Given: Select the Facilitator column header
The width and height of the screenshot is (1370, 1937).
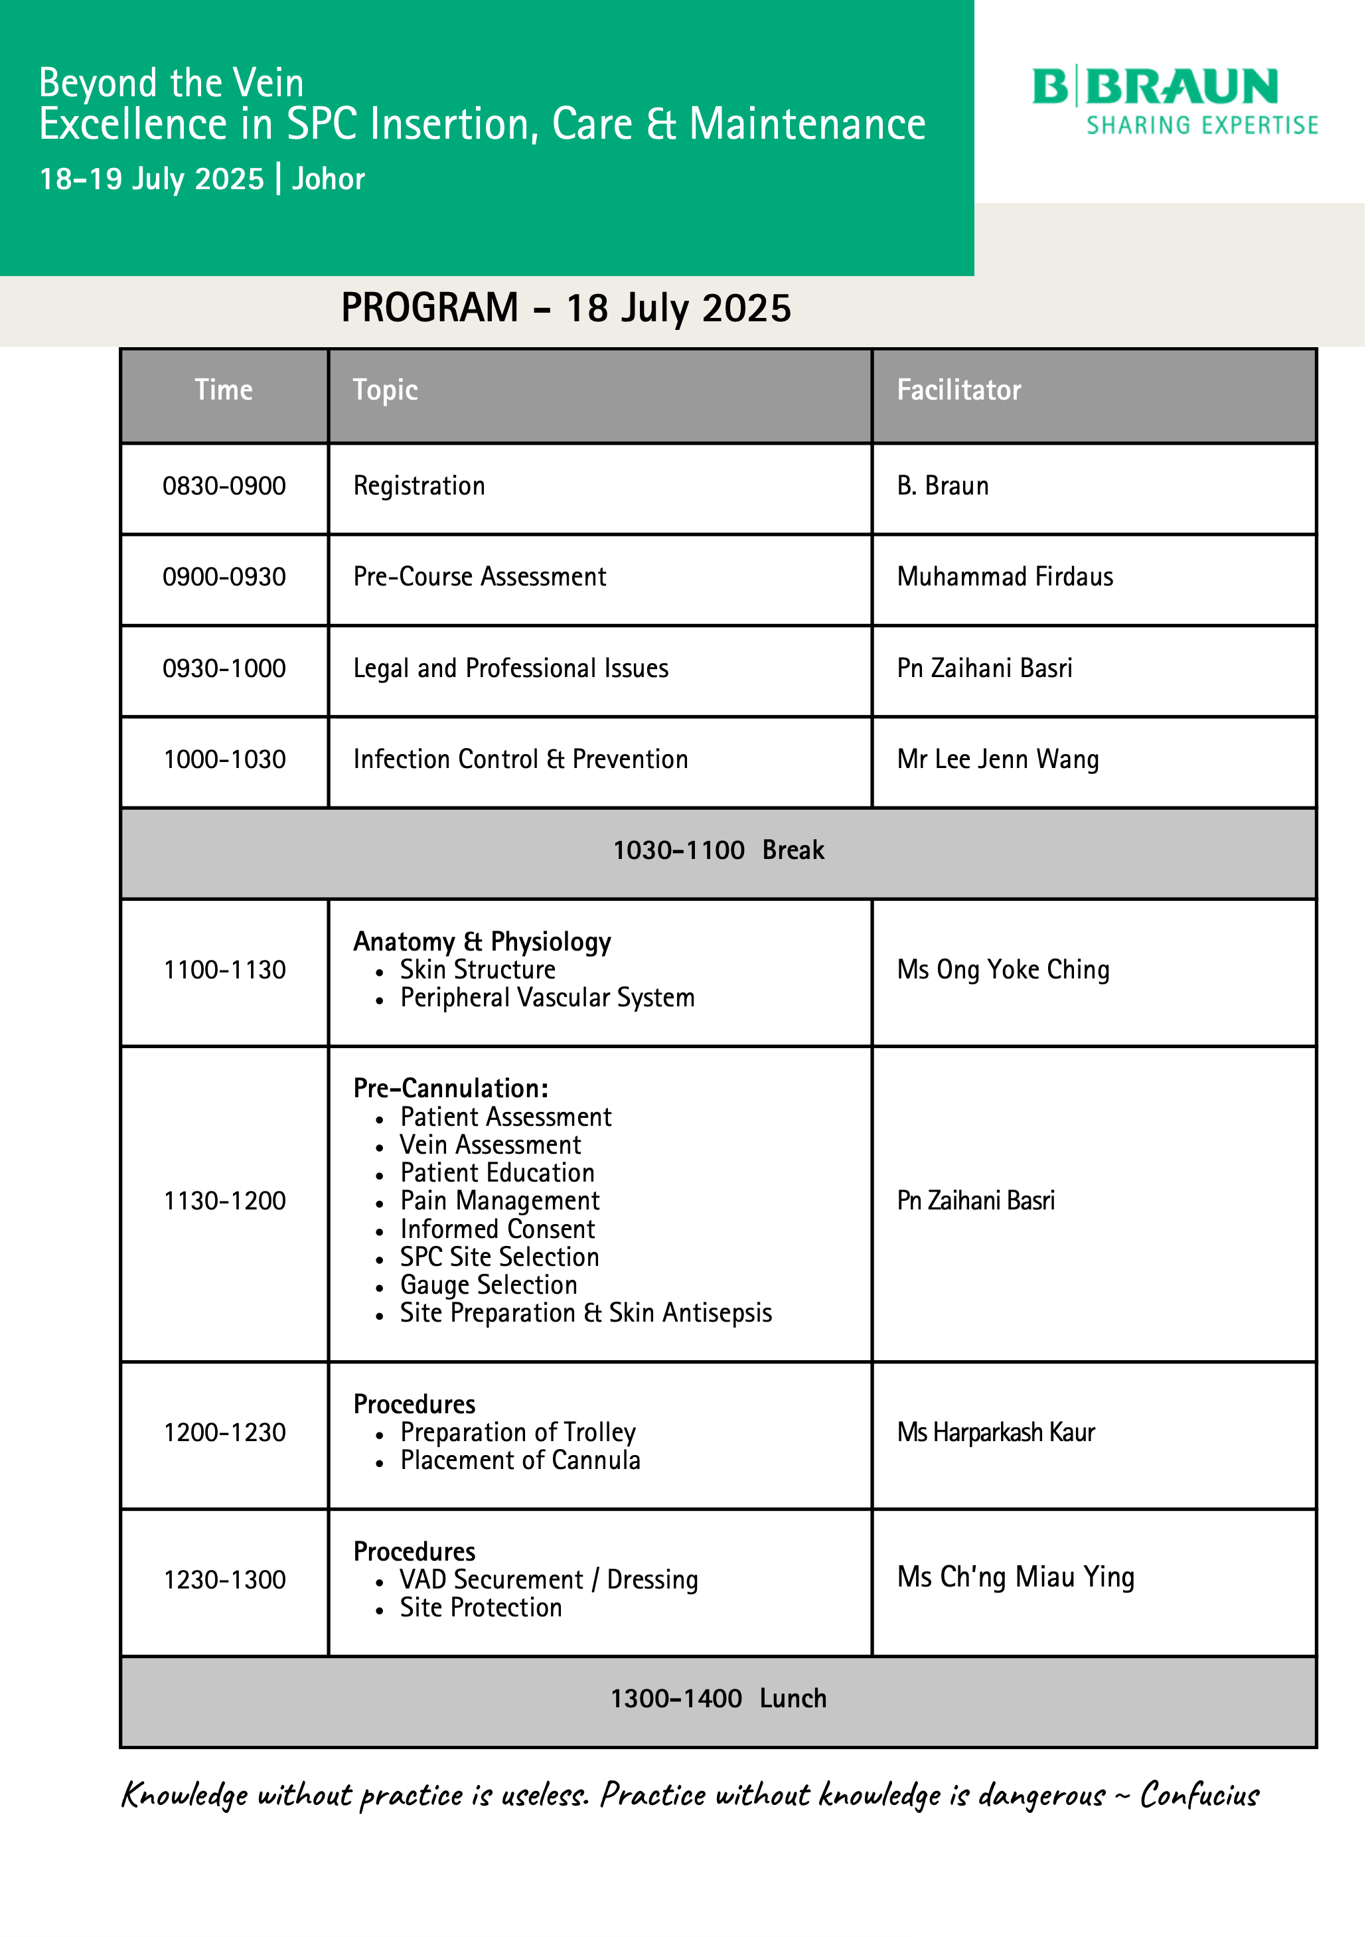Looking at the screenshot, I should click(958, 390).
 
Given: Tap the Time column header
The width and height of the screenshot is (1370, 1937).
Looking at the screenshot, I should click(224, 390).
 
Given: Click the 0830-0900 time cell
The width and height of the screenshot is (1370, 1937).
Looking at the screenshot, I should click(224, 486).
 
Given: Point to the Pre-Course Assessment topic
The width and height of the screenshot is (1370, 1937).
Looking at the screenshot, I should click(479, 577).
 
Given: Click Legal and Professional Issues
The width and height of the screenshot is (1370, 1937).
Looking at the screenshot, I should click(510, 668).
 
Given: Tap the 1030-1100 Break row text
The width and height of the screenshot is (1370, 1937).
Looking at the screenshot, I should click(718, 850).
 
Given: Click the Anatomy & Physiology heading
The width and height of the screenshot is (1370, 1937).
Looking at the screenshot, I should click(482, 941).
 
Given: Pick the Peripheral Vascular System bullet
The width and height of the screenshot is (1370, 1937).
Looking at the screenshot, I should click(547, 998).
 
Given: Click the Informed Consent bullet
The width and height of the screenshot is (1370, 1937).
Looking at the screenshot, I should click(497, 1229).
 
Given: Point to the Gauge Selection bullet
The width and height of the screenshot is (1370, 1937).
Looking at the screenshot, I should click(489, 1285).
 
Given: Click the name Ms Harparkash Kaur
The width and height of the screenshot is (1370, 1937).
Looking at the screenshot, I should click(996, 1433).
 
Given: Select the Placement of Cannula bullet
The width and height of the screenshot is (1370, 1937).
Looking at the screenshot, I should click(520, 1460).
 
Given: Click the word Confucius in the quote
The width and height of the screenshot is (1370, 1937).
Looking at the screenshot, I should click(1199, 1795).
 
